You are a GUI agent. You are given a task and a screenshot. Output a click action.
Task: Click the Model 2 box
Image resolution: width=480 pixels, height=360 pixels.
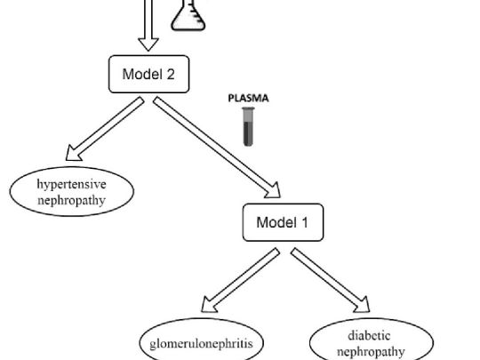click(148, 74)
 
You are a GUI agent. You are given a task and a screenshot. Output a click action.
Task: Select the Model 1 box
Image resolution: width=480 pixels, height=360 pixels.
click(283, 222)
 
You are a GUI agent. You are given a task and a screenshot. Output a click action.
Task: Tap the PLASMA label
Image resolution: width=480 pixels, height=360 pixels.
click(249, 99)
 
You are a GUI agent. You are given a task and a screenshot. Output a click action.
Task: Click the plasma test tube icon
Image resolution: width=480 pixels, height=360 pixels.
click(248, 126)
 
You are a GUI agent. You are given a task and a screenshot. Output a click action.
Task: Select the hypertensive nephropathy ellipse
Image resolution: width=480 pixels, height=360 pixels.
click(72, 192)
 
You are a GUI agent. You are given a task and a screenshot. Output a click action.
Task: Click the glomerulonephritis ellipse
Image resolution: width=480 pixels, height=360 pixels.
click(202, 340)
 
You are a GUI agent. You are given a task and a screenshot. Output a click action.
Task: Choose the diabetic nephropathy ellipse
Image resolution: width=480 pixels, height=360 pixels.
click(372, 340)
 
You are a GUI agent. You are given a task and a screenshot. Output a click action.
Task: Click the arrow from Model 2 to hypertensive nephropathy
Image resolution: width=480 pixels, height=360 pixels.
click(105, 129)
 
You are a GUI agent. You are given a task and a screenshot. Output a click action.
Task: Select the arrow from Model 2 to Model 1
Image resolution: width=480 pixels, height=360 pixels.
click(217, 148)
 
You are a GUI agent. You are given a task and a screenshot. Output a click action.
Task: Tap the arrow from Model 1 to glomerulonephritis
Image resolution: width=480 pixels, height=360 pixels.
click(240, 280)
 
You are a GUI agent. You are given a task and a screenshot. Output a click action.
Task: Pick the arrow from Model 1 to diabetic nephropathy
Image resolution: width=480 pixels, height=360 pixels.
click(331, 280)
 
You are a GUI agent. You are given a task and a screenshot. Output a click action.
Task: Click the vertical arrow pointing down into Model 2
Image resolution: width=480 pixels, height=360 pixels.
click(148, 26)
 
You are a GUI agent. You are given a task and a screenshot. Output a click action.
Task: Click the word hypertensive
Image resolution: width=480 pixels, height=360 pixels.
click(72, 184)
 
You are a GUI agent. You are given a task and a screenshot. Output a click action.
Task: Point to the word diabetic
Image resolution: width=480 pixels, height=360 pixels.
click(369, 336)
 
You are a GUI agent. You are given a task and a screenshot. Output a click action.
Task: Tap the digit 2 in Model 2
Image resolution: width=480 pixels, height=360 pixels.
click(171, 75)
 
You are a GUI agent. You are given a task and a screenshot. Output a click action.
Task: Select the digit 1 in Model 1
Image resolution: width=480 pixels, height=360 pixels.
click(305, 222)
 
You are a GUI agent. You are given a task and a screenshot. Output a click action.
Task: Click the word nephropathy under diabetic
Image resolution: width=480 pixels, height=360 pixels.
click(371, 352)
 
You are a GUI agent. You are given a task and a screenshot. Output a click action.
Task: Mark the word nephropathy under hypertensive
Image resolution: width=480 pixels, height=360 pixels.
click(72, 201)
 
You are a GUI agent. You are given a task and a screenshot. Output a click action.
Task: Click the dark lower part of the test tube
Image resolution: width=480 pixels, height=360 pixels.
click(248, 133)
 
